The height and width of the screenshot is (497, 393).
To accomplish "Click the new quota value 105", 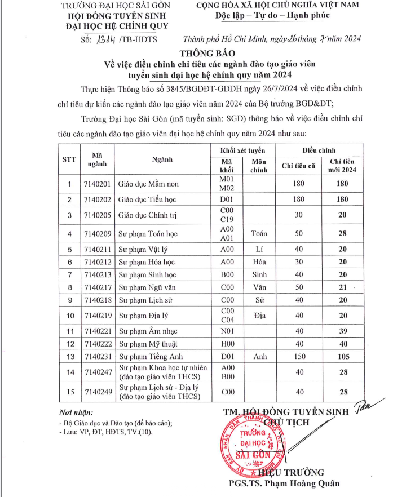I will (342, 356).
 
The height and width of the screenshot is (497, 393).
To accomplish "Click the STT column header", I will (69, 159).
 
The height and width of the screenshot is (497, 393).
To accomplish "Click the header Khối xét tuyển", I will (243, 150).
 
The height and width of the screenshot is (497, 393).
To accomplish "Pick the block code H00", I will (226, 343).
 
